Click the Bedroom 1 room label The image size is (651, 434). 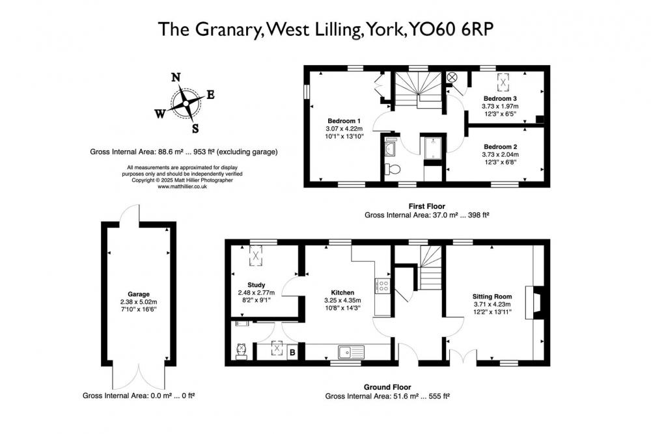tap(344, 121)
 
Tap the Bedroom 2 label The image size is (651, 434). tap(501, 146)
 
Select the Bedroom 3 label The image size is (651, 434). tap(499, 98)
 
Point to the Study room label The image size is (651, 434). tap(256, 284)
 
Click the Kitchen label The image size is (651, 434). tap(342, 292)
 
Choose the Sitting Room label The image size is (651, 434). tap(492, 296)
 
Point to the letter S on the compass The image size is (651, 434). tap(195, 127)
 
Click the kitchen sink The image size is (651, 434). tap(352, 352)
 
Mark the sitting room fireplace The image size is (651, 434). tap(537, 304)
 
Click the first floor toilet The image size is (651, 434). tap(393, 169)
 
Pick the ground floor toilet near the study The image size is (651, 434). tap(242, 351)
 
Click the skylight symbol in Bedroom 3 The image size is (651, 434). tap(503, 81)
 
